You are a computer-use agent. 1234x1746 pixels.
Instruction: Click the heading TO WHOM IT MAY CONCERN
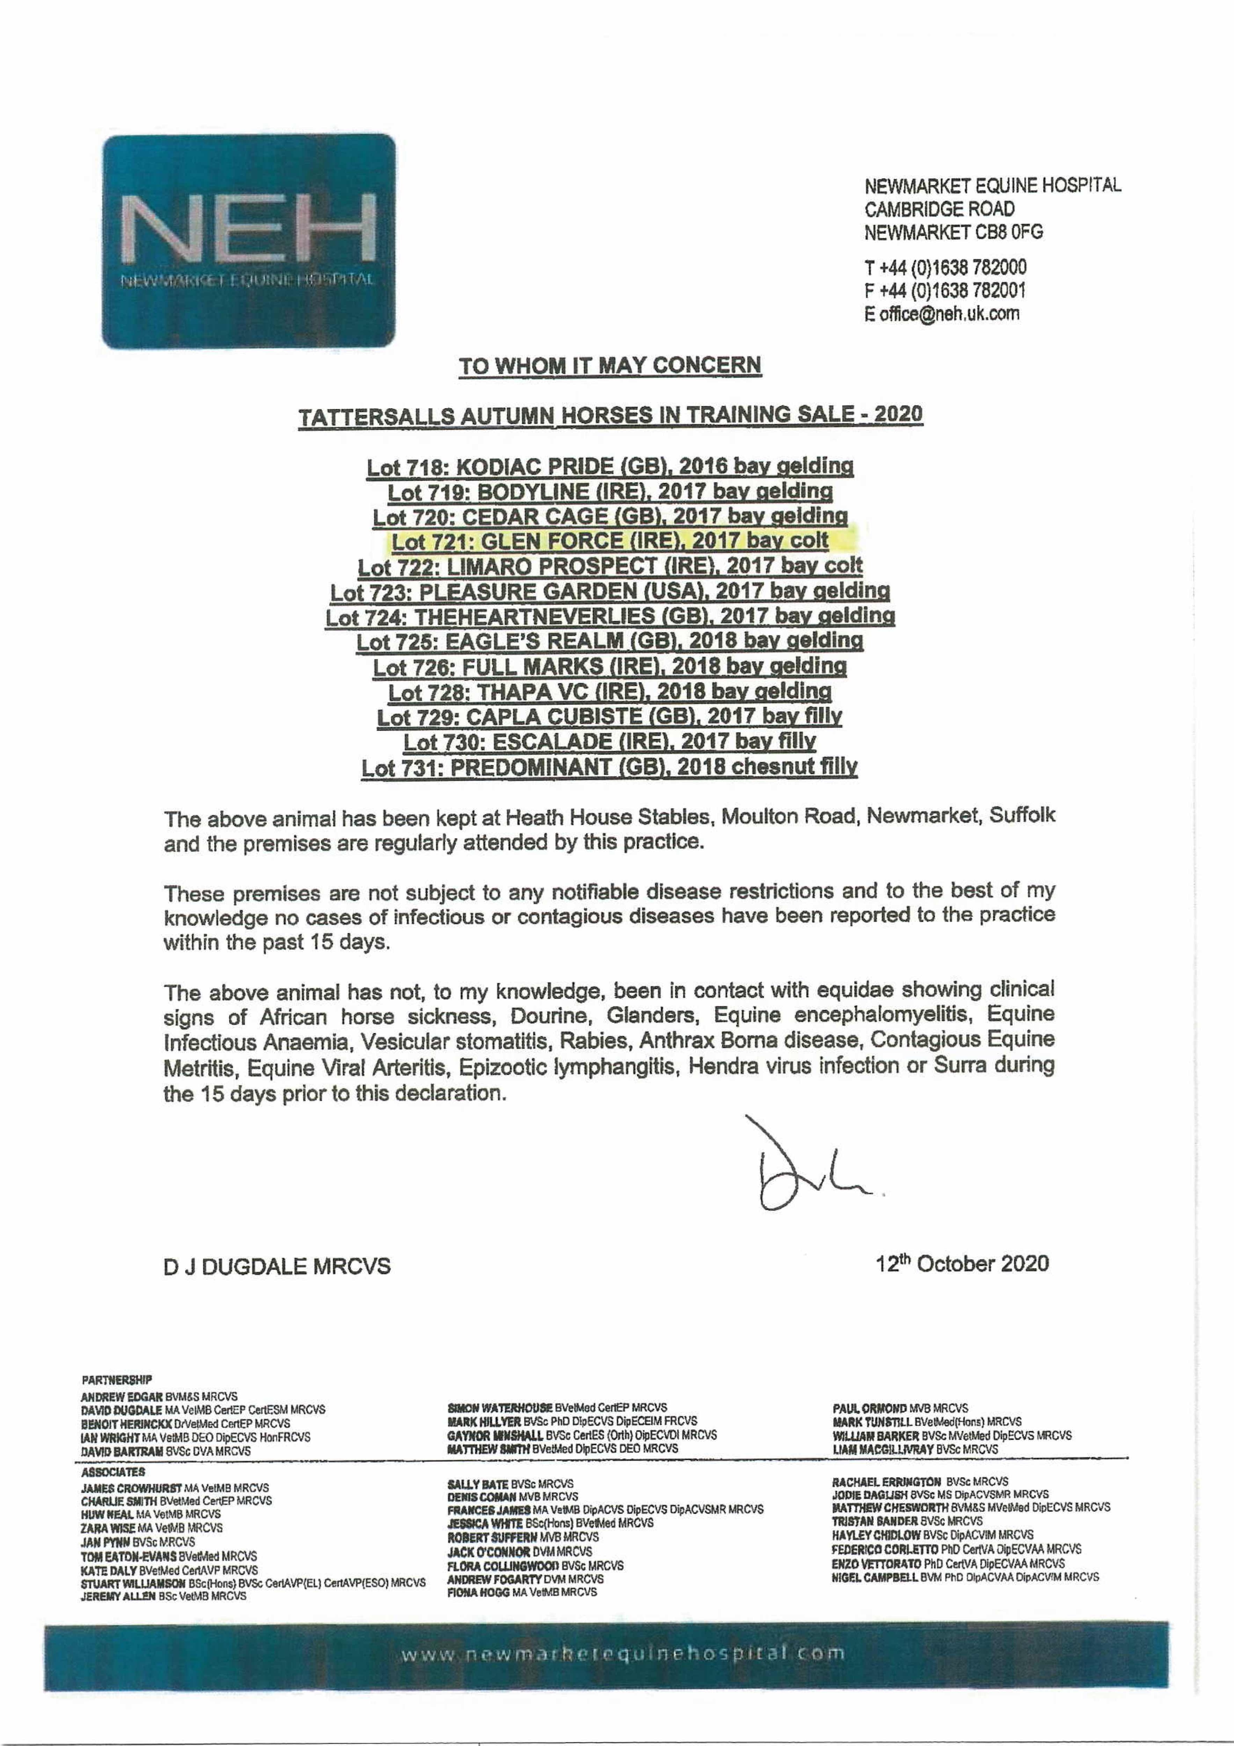pos(609,366)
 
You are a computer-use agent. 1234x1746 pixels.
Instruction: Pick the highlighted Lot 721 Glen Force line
pos(609,542)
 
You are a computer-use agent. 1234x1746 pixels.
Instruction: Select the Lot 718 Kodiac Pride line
pos(609,466)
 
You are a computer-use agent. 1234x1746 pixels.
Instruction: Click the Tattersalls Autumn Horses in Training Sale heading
pos(609,416)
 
